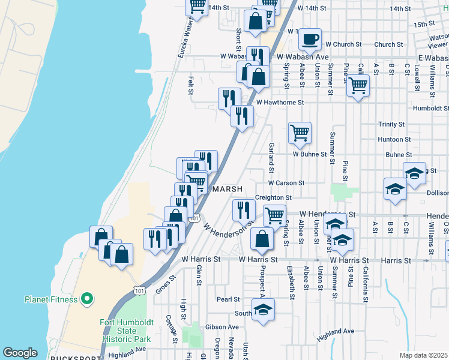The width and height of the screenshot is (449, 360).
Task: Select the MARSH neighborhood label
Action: (228, 188)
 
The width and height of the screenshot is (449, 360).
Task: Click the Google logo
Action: (20, 353)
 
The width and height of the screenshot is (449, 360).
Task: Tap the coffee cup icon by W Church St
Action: (310, 39)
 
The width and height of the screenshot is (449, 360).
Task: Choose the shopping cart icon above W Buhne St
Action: (300, 133)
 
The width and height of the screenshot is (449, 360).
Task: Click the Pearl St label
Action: (228, 299)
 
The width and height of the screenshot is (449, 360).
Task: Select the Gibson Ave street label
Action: (222, 327)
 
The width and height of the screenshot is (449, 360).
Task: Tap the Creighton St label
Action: (273, 197)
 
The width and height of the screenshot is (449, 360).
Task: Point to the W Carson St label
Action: (286, 182)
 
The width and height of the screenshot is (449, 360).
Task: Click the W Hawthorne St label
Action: (280, 103)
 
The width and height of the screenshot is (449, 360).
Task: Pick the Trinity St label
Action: (391, 124)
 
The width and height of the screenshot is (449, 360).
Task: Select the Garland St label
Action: (271, 154)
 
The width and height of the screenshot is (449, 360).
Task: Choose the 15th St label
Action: (423, 23)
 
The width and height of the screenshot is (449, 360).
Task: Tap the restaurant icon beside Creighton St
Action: (243, 209)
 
